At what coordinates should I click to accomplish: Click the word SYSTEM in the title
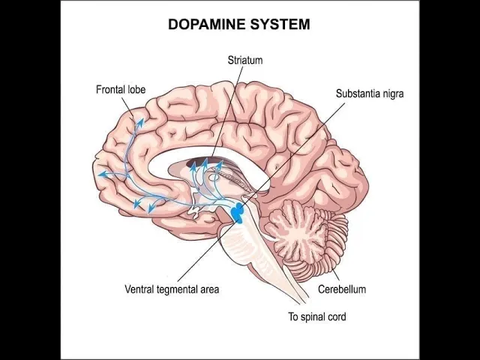(x=283, y=24)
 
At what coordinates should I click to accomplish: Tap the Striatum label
(x=245, y=60)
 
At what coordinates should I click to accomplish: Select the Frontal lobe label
(x=121, y=89)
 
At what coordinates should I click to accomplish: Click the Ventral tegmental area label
(x=172, y=289)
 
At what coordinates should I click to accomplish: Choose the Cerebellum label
(x=341, y=289)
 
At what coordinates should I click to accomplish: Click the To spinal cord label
(x=317, y=316)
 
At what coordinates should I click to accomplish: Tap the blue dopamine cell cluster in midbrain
(x=238, y=212)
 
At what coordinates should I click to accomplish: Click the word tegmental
(x=178, y=289)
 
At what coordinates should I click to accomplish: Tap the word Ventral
(x=139, y=289)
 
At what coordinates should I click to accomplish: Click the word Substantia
(x=361, y=94)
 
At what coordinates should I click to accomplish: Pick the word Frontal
(x=109, y=89)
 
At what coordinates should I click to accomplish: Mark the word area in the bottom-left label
(x=209, y=289)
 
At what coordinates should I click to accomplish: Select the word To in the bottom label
(x=294, y=316)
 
